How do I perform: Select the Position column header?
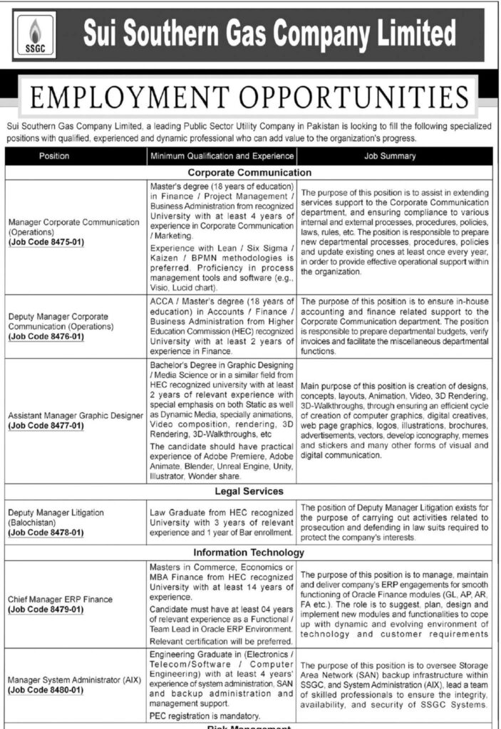pos(54,156)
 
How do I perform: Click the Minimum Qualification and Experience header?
pos(222,156)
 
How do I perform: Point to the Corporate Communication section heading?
pos(249,172)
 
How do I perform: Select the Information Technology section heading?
pos(249,552)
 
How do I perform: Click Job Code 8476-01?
pos(46,336)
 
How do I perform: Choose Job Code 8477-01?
pos(46,426)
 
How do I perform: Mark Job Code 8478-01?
pos(46,532)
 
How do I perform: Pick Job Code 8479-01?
pos(46,609)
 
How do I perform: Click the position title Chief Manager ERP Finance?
pos(61,599)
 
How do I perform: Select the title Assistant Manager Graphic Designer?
pos(76,416)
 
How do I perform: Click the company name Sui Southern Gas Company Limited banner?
pos(269,33)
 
